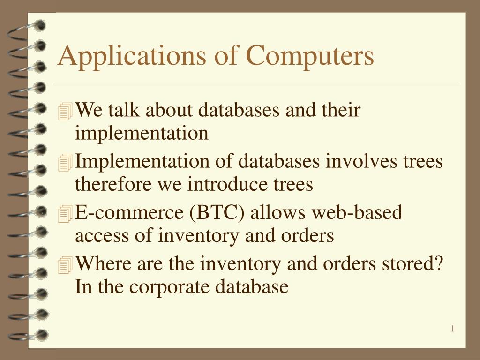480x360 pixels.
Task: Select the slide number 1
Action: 453,329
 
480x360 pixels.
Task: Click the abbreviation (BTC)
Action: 217,213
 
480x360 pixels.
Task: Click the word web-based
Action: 357,213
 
